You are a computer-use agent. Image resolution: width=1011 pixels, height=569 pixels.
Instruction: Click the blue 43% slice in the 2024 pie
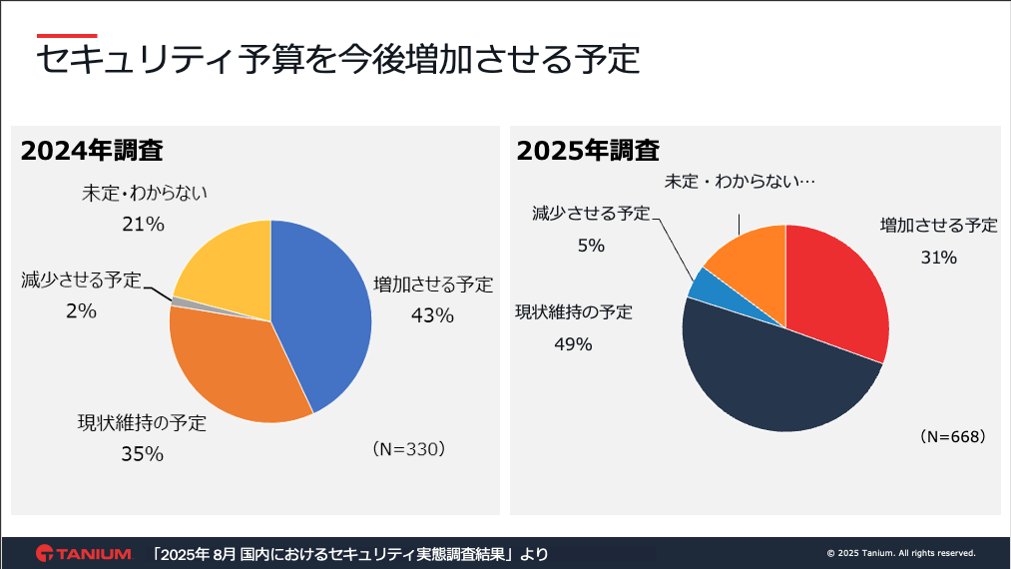pyautogui.click(x=324, y=309)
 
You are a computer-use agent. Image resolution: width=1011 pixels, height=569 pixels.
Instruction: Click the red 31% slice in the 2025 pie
pyautogui.click(x=838, y=289)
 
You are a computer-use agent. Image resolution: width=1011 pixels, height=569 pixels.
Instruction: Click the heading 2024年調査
pyautogui.click(x=92, y=151)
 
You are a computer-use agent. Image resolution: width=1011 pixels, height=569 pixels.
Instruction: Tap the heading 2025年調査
pyautogui.click(x=588, y=151)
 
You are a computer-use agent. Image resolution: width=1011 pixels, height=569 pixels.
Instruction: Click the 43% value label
pyautogui.click(x=432, y=315)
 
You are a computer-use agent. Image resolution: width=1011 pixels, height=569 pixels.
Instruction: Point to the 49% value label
pyautogui.click(x=573, y=344)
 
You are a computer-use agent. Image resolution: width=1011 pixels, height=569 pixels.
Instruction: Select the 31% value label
pyautogui.click(x=938, y=258)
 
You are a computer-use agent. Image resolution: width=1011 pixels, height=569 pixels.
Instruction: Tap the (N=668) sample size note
pyautogui.click(x=953, y=436)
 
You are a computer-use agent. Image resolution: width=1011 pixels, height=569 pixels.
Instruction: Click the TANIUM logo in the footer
pyautogui.click(x=84, y=553)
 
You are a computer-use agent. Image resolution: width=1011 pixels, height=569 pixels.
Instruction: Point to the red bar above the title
pyautogui.click(x=66, y=35)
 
